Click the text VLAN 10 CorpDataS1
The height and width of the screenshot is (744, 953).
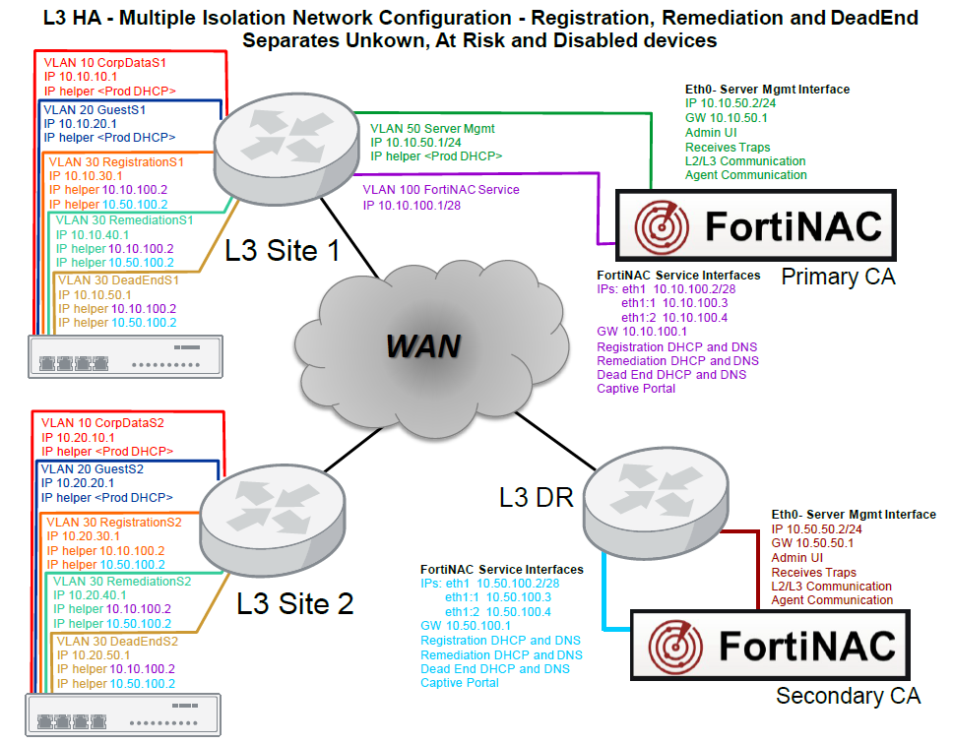pos(105,61)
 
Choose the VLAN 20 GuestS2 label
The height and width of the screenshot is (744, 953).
pos(93,469)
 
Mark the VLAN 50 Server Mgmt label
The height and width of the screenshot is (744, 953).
pos(432,128)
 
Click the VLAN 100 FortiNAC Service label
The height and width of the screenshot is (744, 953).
pos(441,190)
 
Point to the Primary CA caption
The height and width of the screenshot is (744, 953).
pos(838,277)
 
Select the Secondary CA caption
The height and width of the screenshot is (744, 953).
pos(848,697)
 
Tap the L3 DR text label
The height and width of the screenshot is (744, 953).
pos(536,496)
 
